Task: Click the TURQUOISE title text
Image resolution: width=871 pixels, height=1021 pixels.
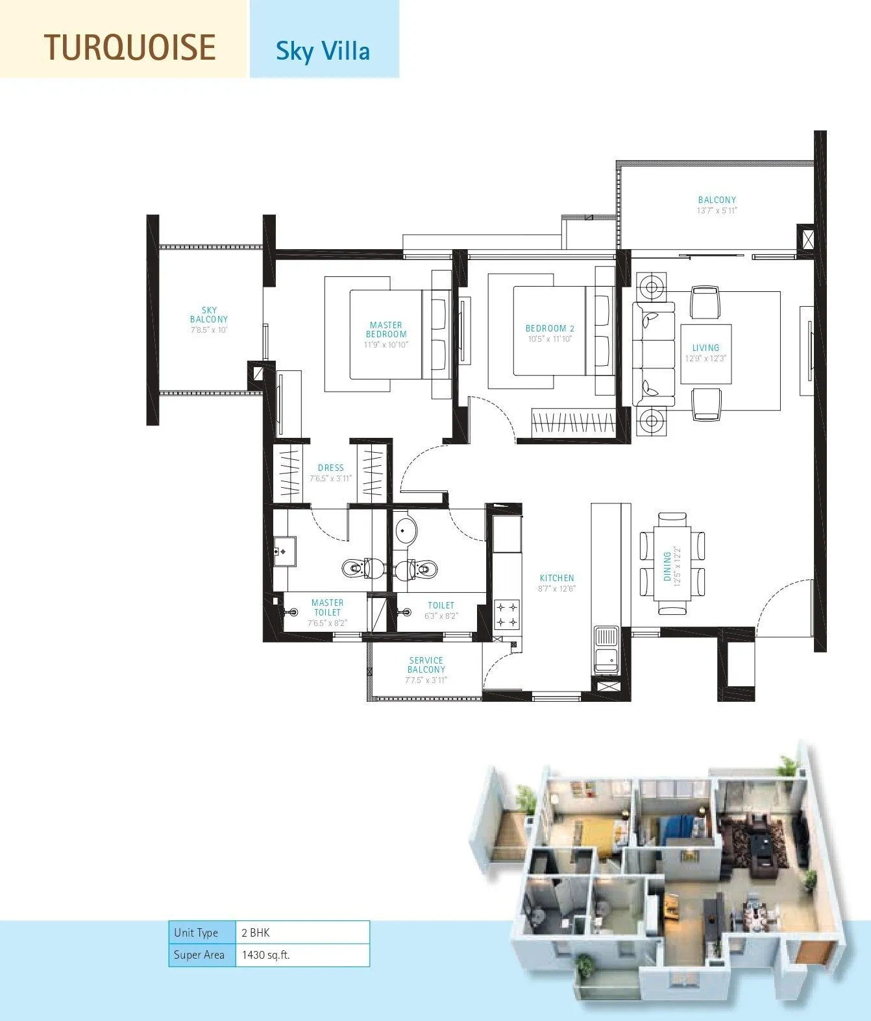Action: [x=130, y=47]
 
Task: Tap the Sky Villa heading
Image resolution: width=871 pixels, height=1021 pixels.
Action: [x=323, y=51]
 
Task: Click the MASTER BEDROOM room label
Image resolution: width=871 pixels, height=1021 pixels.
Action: [x=386, y=330]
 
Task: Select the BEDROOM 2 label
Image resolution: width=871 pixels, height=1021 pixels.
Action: [x=550, y=329]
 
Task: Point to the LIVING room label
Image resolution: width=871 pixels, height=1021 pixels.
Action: [x=705, y=348]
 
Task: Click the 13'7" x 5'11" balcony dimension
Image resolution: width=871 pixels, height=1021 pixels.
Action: [x=717, y=210]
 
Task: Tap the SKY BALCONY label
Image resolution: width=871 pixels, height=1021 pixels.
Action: [x=209, y=315]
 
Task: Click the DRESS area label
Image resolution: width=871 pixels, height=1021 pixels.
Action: [x=331, y=468]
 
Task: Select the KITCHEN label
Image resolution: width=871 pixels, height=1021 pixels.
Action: [x=557, y=578]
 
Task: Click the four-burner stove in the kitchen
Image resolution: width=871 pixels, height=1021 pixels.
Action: [x=506, y=615]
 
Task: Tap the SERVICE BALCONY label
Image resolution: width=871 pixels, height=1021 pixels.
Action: [x=426, y=665]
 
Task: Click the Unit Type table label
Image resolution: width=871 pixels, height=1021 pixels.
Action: [x=196, y=933]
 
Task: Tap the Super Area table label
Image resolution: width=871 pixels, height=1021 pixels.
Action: [x=199, y=955]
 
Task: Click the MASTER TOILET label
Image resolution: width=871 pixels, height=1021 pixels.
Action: [x=327, y=607]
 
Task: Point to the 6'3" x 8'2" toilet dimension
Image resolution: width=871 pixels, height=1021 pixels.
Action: [x=441, y=616]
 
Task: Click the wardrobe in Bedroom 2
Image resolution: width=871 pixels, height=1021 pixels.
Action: [x=572, y=424]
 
